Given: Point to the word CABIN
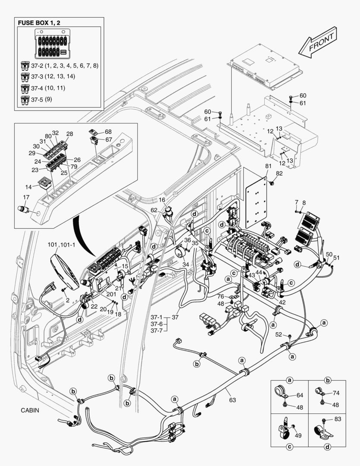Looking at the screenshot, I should click(x=30, y=410).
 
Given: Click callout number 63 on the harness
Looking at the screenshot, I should click(x=232, y=400).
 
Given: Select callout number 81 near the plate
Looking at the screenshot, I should click(x=268, y=166).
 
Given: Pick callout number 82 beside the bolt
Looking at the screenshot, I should click(x=279, y=173).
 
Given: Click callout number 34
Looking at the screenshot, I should click(x=186, y=264).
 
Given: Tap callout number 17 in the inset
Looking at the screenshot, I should click(x=26, y=198).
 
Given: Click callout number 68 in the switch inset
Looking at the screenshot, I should click(x=108, y=131).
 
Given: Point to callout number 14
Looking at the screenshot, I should click(x=28, y=188).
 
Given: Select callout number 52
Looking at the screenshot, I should click(x=279, y=334).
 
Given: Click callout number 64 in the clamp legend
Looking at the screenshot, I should click(x=300, y=395).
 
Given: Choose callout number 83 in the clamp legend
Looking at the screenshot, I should click(x=337, y=419).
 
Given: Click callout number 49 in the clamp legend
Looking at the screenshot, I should click(x=297, y=435).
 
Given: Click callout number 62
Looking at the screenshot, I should click(x=153, y=210).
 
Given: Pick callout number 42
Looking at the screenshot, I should click(x=282, y=302).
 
